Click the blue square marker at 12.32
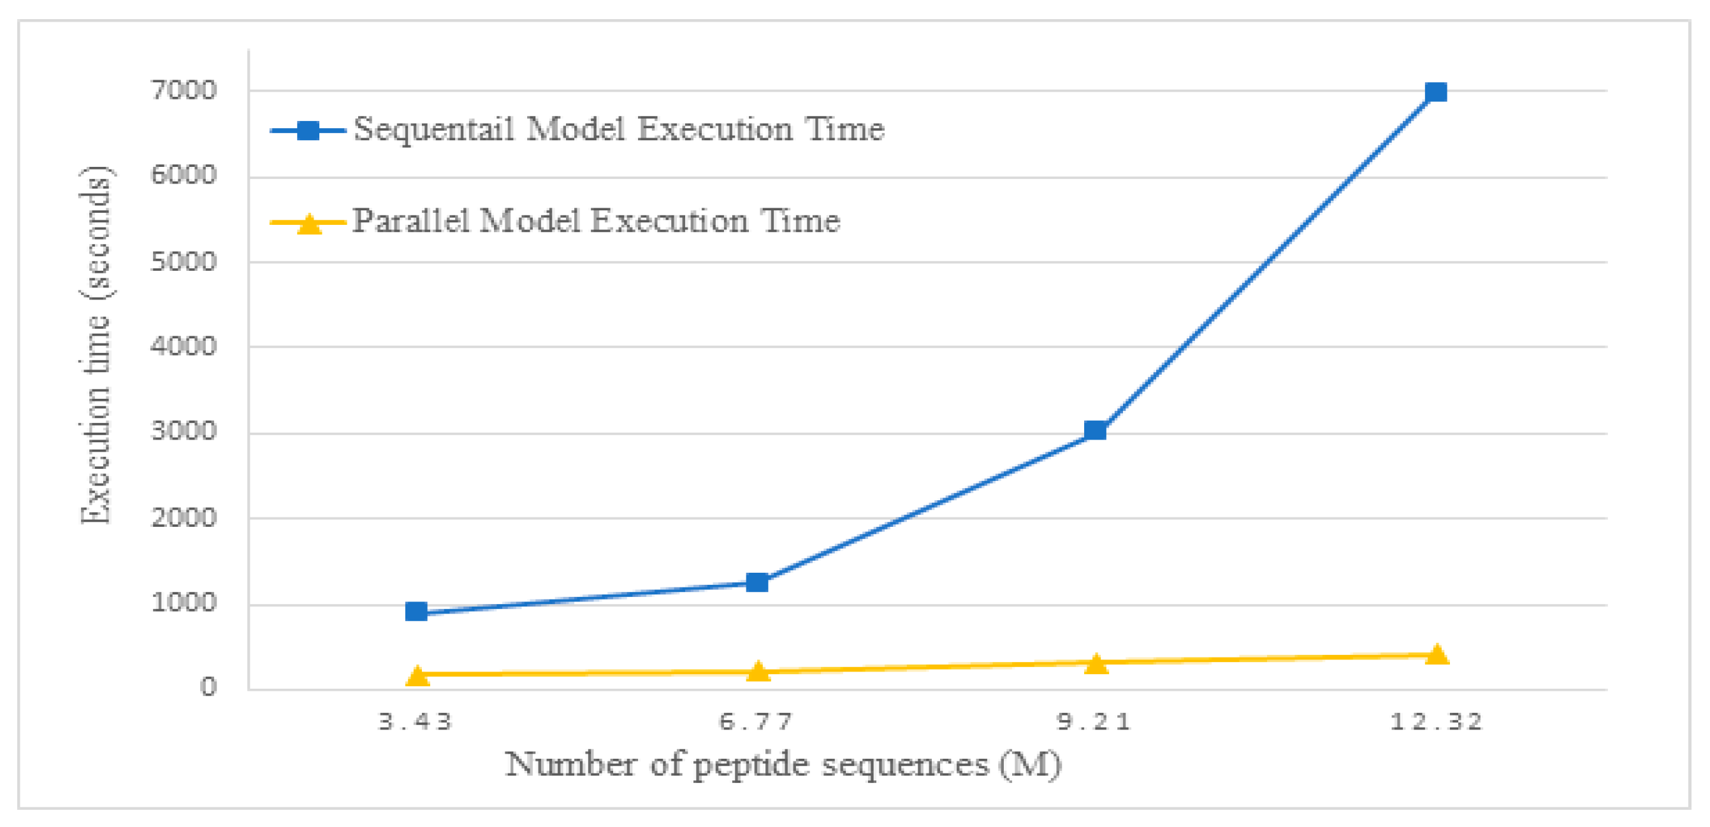point(1435,92)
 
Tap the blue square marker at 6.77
point(757,582)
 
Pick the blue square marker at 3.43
point(416,610)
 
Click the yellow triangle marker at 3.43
point(417,675)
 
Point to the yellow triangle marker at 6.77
point(757,672)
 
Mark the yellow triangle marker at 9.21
point(1096,663)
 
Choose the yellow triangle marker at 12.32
point(1436,654)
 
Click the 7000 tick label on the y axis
point(183,90)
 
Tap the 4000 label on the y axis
point(183,346)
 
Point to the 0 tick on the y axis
point(208,686)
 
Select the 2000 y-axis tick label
point(183,517)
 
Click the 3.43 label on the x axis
point(416,721)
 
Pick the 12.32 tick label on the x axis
point(1436,721)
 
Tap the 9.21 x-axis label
point(1094,721)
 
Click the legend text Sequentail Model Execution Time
point(619,129)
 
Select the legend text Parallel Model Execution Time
point(595,221)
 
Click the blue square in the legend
point(308,130)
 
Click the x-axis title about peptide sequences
point(783,765)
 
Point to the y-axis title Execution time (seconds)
point(94,345)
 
